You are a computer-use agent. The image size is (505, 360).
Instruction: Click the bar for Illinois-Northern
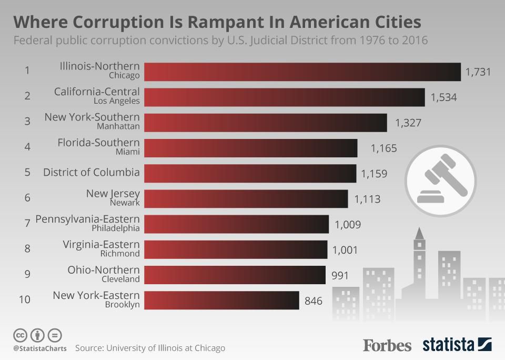pyautogui.click(x=302, y=72)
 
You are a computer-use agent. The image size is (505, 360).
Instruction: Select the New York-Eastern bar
pyautogui.click(x=221, y=300)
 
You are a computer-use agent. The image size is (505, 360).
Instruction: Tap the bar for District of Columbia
pyautogui.click(x=250, y=173)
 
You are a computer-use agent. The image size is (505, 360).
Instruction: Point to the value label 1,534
pyautogui.click(x=443, y=97)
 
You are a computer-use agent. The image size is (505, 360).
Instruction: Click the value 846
pyautogui.click(x=314, y=301)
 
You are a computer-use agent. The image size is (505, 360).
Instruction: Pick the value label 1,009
pyautogui.click(x=348, y=225)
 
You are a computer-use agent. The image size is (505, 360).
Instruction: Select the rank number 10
pyautogui.click(x=25, y=299)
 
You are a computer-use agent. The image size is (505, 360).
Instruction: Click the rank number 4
pyautogui.click(x=27, y=147)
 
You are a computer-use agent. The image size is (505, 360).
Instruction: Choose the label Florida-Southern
pyautogui.click(x=98, y=142)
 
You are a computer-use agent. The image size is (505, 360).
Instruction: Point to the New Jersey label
pyautogui.click(x=113, y=193)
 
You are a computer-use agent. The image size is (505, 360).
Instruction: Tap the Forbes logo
pyautogui.click(x=387, y=345)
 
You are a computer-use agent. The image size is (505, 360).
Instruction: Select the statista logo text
pyautogui.click(x=448, y=345)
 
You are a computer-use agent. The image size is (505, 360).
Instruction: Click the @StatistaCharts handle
pyautogui.click(x=40, y=348)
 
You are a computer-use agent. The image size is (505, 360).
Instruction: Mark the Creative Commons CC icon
pyautogui.click(x=20, y=335)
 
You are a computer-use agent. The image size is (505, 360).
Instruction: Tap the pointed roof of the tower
pyautogui.click(x=419, y=233)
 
